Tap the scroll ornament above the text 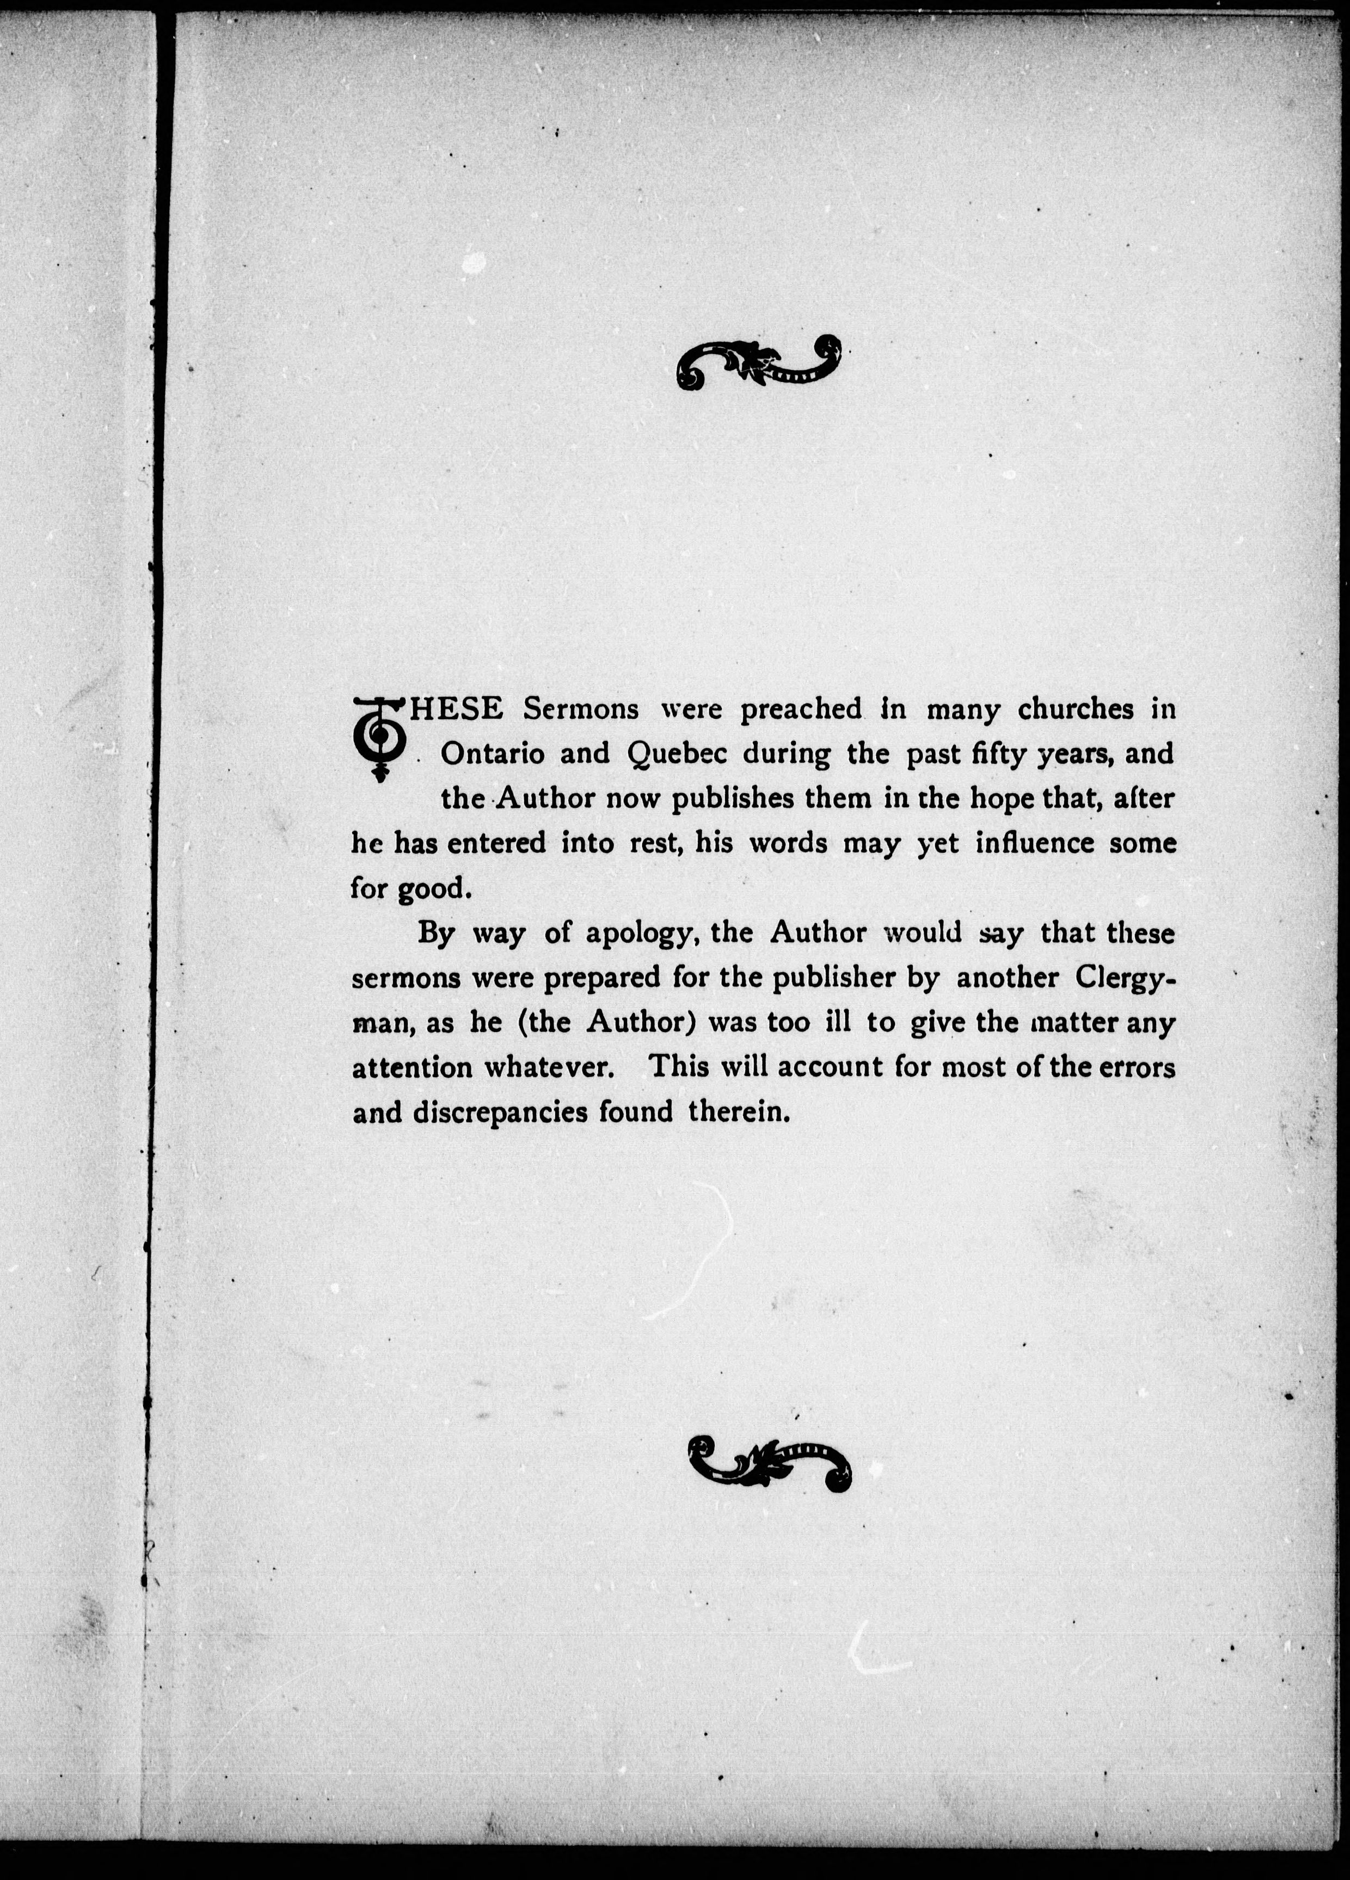point(759,362)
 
